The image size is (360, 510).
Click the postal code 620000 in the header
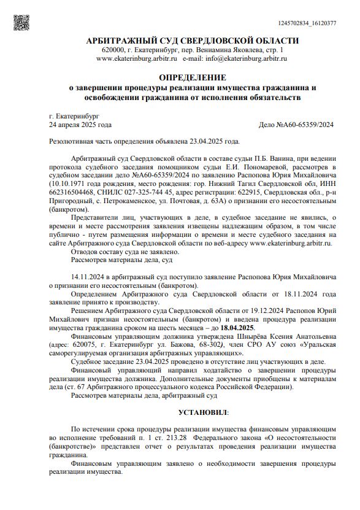click(x=115, y=50)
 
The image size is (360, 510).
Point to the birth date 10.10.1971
click(x=69, y=183)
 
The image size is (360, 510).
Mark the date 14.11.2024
click(x=89, y=277)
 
